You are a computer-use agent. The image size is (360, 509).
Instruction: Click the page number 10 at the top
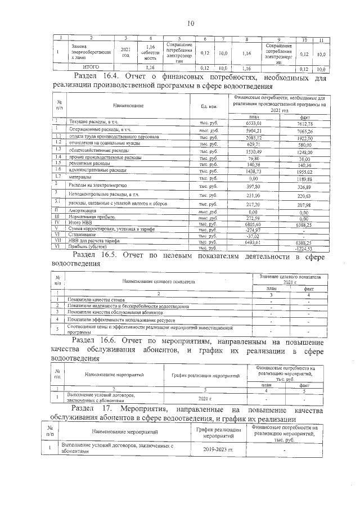tap(190, 23)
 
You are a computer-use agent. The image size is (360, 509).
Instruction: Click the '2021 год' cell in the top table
tap(125, 52)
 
